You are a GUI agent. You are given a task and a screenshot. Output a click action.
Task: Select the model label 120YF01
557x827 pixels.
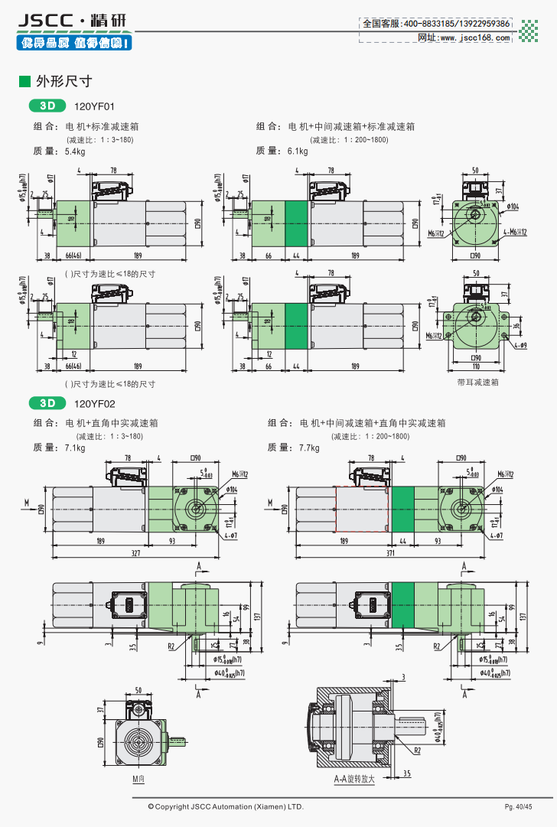95,107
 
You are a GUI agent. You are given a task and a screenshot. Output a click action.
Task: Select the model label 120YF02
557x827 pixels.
95,402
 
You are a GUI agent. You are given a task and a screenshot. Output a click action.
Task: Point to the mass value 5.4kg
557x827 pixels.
76,151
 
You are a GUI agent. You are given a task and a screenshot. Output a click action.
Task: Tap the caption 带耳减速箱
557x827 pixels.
477,382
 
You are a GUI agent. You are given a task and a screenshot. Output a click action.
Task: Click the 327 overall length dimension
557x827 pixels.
136,552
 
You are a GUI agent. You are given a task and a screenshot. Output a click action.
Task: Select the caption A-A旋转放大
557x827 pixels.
354,780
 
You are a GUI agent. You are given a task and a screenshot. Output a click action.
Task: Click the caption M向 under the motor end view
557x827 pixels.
138,780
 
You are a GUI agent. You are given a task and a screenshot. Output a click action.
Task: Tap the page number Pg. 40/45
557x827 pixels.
518,807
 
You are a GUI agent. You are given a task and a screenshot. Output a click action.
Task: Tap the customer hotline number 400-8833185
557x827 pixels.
432,24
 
